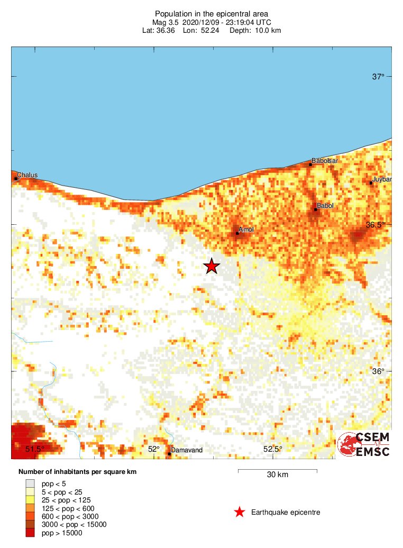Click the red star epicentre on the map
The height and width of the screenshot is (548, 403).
(x=212, y=266)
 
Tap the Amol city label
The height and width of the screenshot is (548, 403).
(x=246, y=230)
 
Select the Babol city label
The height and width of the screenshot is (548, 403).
(x=324, y=205)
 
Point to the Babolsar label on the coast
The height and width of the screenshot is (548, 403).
(x=325, y=160)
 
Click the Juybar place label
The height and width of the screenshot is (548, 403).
(x=382, y=179)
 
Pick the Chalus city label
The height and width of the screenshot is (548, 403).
(x=27, y=175)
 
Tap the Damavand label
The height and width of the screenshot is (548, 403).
(x=187, y=450)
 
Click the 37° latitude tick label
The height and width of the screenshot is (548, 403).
(x=378, y=77)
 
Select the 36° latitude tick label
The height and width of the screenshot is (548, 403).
(x=378, y=371)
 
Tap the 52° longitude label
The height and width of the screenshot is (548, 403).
(x=153, y=449)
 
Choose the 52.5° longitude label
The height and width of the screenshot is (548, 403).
(x=273, y=449)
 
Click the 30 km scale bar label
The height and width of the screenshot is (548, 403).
(x=277, y=474)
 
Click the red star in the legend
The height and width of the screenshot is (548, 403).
(x=240, y=512)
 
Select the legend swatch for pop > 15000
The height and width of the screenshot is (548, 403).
(x=31, y=533)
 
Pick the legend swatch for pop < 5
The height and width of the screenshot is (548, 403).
(x=31, y=483)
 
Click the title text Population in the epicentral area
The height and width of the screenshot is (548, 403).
(x=211, y=13)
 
